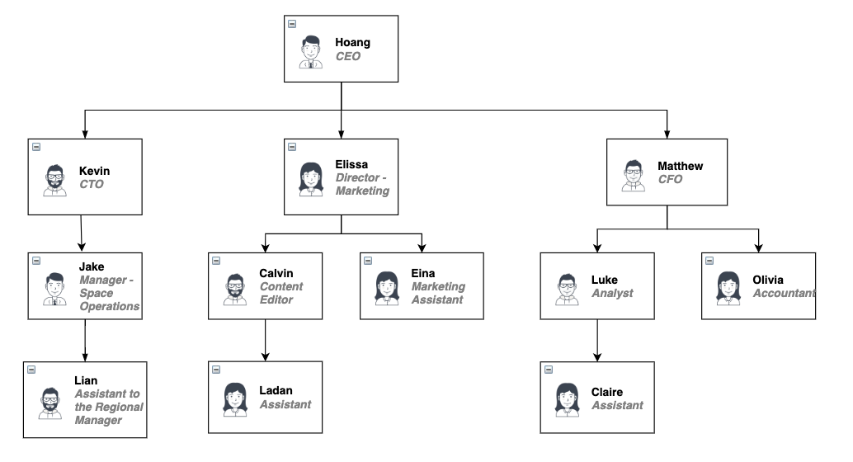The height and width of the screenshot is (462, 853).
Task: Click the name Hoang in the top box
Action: (352, 42)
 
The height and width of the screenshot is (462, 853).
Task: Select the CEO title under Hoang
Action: (347, 57)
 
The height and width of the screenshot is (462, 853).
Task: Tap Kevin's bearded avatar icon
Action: (54, 179)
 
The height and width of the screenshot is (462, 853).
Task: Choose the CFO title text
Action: (670, 179)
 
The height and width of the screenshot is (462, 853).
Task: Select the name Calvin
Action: (276, 273)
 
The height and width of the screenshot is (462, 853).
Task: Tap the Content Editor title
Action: (281, 293)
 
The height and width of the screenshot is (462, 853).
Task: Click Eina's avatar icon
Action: (386, 285)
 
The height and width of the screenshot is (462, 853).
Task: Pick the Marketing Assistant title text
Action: (437, 293)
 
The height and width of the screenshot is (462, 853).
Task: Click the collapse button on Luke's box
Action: (549, 261)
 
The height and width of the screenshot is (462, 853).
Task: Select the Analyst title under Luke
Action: (612, 293)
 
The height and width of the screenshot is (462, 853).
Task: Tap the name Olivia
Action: (768, 280)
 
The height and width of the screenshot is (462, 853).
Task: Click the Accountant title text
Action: (784, 293)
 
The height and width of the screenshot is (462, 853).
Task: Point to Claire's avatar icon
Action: (566, 398)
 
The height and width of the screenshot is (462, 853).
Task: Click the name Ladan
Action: (276, 390)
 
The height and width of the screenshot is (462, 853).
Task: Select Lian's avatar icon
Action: (49, 402)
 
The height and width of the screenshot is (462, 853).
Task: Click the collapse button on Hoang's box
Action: (293, 24)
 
